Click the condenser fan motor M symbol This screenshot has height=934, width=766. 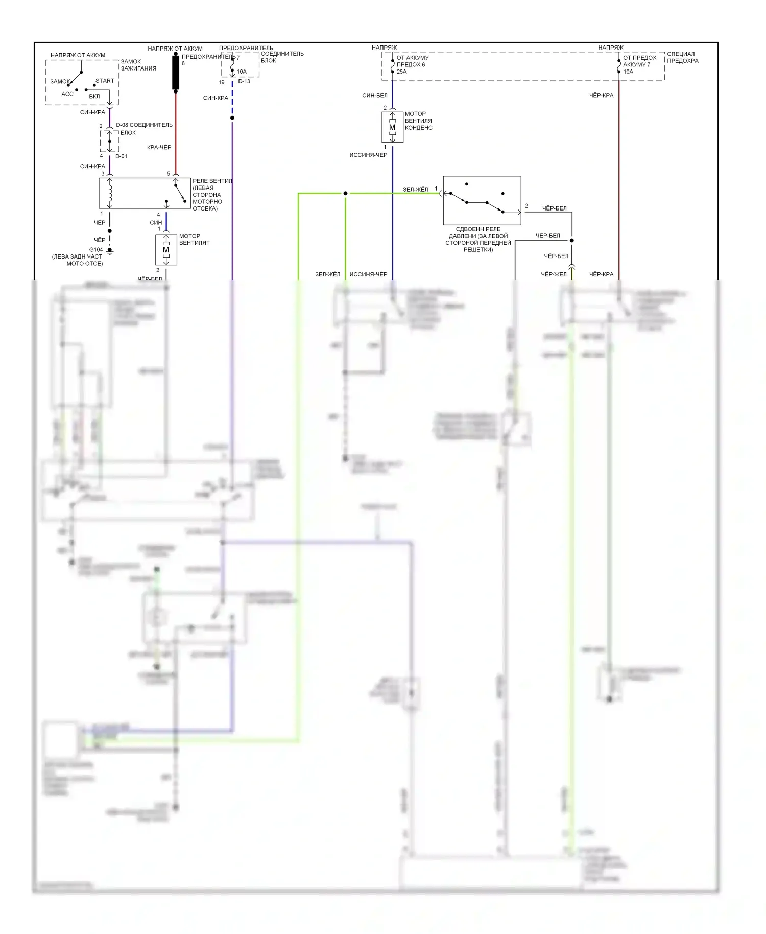[392, 127]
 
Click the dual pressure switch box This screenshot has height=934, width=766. [482, 200]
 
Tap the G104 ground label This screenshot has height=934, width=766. [96, 250]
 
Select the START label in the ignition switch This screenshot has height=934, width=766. [105, 81]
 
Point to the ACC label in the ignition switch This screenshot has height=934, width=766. [67, 94]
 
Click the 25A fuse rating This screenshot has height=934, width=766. [402, 72]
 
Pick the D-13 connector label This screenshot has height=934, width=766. [244, 82]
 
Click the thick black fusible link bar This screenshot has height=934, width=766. [176, 73]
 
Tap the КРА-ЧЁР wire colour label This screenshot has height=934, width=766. [159, 147]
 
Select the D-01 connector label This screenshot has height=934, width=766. [121, 156]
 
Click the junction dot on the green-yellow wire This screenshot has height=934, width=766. [345, 193]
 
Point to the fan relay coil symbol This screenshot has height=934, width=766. [110, 193]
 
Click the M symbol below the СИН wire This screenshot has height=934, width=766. [166, 250]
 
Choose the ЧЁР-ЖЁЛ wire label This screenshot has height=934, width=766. [554, 274]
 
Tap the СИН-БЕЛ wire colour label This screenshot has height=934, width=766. [375, 95]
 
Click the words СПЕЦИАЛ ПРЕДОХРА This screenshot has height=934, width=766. [682, 57]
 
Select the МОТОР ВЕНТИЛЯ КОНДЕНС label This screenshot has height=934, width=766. [418, 121]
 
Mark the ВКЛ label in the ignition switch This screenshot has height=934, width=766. [94, 96]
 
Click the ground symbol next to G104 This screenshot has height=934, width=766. [110, 251]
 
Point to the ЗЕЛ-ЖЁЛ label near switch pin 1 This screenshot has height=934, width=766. [415, 190]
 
